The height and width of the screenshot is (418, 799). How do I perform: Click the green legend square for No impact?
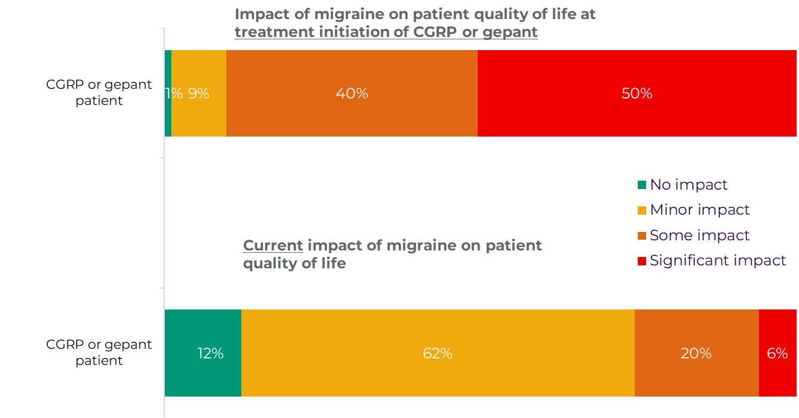click(x=642, y=185)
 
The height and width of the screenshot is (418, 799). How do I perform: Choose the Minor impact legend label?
click(x=699, y=210)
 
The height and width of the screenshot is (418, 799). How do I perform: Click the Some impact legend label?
click(x=699, y=236)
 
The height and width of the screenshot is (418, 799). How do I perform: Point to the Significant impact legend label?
click(x=718, y=261)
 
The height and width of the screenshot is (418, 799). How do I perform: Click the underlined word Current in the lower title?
click(x=273, y=246)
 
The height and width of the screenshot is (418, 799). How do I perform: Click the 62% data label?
click(x=437, y=354)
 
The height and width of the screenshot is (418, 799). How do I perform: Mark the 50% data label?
click(x=637, y=94)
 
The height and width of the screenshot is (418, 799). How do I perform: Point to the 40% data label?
click(x=352, y=94)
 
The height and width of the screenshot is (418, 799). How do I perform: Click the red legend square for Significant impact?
click(x=642, y=261)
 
